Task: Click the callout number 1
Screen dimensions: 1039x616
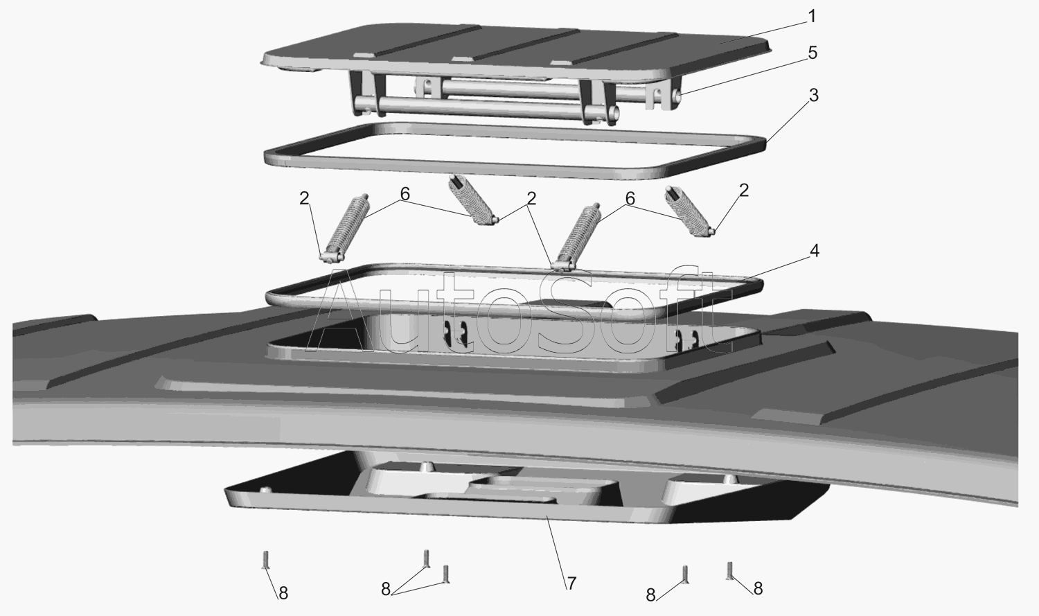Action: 811,17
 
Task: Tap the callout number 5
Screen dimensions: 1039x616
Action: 812,53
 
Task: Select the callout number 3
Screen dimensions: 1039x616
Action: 814,95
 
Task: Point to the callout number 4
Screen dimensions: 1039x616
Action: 815,251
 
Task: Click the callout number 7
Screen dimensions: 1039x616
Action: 571,583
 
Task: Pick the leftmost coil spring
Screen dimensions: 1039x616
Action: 346,227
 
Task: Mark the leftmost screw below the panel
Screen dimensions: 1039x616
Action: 266,559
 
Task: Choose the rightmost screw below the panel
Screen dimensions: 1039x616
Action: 729,570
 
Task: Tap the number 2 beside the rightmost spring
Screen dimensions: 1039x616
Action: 744,190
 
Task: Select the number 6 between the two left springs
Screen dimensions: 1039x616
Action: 405,194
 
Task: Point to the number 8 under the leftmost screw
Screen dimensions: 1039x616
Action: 283,593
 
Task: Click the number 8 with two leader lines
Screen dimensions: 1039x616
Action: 386,590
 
